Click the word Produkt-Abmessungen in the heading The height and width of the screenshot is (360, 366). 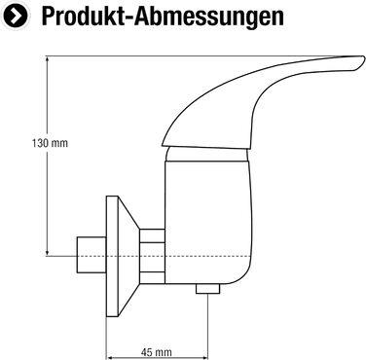tap(163, 17)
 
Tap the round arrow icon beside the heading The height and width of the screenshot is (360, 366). tap(15, 17)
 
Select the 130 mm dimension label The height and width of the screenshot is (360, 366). tap(50, 143)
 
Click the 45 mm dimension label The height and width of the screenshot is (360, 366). tap(157, 352)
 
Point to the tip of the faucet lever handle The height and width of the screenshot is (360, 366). tap(364, 59)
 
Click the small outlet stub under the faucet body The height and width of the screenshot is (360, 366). tap(207, 289)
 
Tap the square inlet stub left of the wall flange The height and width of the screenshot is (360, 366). tap(91, 255)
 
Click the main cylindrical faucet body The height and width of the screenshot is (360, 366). tap(207, 222)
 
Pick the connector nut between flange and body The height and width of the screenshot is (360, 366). tap(152, 256)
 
